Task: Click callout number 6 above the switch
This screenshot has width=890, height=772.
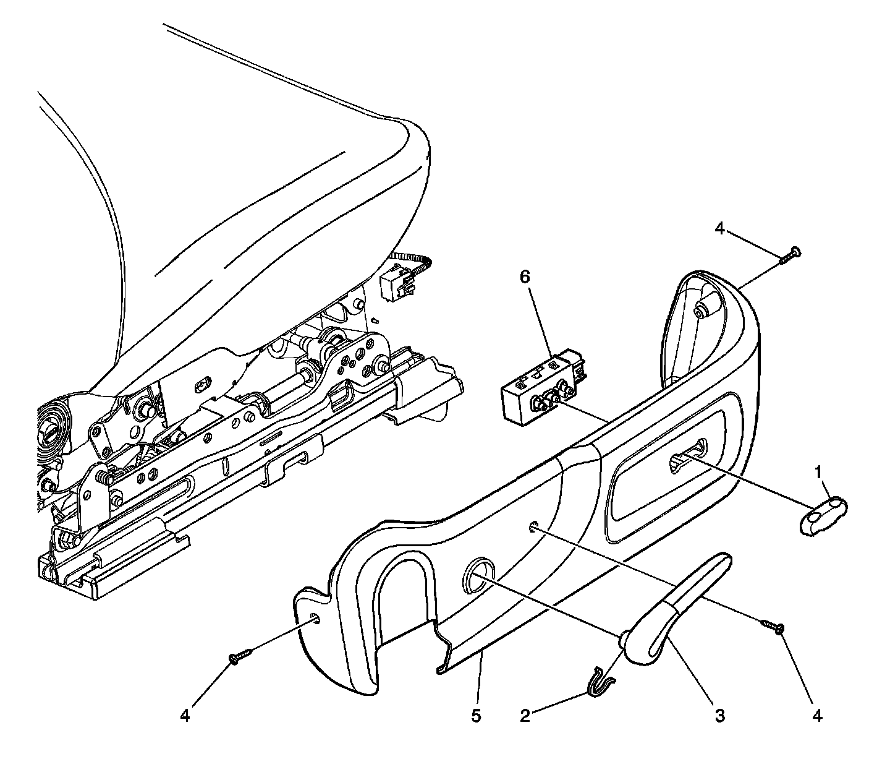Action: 524,277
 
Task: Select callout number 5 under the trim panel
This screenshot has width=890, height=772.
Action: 476,716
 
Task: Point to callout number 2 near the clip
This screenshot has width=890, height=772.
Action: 525,716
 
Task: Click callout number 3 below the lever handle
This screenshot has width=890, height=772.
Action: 719,716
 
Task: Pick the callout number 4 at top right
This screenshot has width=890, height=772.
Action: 719,228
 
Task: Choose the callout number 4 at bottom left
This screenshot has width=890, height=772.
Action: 185,716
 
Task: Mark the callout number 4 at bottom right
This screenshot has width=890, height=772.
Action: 818,716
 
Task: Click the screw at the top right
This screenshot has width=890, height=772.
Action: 789,255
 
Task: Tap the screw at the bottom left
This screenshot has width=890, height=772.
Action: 240,656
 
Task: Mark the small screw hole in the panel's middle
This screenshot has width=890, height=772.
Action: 533,527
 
